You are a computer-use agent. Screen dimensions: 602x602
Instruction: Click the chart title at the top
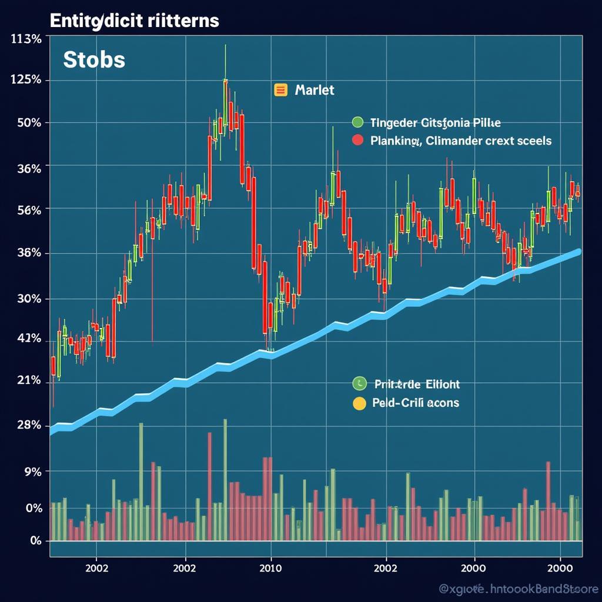(134, 21)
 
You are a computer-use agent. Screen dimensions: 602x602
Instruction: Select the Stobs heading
(94, 60)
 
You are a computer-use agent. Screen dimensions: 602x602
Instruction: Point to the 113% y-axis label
(26, 40)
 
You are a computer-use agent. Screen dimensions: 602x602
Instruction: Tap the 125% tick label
(26, 80)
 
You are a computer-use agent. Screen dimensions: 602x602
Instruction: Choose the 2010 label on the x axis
(270, 568)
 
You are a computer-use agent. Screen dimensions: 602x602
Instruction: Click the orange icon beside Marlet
(280, 90)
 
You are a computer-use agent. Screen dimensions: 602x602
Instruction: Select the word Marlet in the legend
(315, 90)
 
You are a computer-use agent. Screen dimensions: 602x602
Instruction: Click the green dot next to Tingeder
(357, 123)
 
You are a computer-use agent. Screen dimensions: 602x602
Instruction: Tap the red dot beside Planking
(357, 141)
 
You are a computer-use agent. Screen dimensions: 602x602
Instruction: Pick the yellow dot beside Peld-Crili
(359, 403)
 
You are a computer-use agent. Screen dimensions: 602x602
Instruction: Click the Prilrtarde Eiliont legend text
(417, 384)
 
